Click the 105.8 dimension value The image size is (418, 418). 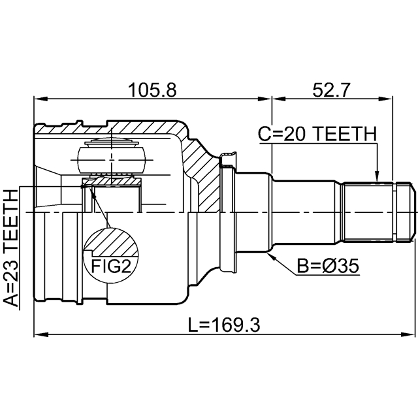[x=152, y=90]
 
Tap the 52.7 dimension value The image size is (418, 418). [x=330, y=90]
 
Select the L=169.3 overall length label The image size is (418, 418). [x=224, y=325]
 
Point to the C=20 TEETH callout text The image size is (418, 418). [x=317, y=134]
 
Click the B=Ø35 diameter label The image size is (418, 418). [x=328, y=266]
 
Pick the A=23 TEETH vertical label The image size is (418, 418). [x=11, y=248]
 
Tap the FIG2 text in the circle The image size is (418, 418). [x=111, y=266]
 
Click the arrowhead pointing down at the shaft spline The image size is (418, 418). [x=377, y=176]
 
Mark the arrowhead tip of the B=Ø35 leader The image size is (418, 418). [x=266, y=252]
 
